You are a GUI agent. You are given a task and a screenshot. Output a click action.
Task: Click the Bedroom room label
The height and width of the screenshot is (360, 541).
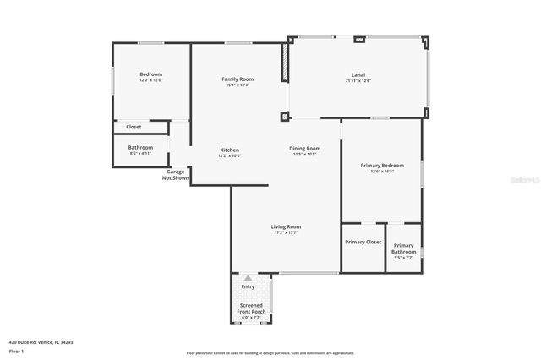150,74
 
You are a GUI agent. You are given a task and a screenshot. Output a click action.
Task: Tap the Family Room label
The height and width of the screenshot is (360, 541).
238,79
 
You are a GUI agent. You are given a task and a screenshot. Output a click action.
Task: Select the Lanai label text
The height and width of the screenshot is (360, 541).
358,74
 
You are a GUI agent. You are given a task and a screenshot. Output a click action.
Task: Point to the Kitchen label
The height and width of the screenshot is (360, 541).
230,150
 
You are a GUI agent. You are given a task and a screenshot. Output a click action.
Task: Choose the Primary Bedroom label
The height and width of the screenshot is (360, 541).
381,165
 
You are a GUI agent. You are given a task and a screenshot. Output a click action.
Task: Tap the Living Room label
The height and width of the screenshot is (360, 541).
286,226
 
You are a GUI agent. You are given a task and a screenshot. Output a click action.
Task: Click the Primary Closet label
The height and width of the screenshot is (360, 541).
363,242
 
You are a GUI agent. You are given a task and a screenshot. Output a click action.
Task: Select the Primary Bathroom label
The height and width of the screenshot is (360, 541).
404,248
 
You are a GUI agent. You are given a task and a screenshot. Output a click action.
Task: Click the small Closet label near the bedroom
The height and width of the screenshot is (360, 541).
134,127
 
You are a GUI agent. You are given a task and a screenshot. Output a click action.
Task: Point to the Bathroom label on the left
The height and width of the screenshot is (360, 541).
140,147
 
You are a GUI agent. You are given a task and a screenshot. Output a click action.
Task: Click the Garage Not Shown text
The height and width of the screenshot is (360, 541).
176,175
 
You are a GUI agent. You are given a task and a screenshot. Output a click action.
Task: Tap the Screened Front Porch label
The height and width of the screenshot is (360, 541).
251,308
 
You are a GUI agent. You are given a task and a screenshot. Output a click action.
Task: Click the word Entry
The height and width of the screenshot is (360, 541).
248,287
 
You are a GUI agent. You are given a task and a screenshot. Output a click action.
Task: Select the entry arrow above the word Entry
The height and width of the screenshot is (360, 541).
248,278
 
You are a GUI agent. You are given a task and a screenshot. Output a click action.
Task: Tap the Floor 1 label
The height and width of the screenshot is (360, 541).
16,350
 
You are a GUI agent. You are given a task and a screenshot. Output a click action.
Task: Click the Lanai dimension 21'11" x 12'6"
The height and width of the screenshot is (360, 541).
358,80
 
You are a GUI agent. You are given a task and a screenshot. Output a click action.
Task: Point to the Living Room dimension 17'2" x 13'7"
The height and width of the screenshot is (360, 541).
286,232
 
